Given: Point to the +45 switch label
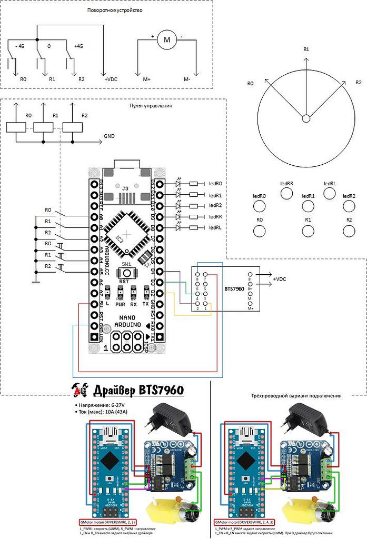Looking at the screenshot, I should (x=79, y=46).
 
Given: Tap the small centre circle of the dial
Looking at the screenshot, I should (x=305, y=118).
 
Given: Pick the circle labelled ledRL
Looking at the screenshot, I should (x=330, y=193).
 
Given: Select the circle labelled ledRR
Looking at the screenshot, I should (x=286, y=193).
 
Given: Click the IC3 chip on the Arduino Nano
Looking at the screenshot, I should (x=122, y=236).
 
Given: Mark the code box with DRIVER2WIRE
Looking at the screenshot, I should (x=107, y=521).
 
